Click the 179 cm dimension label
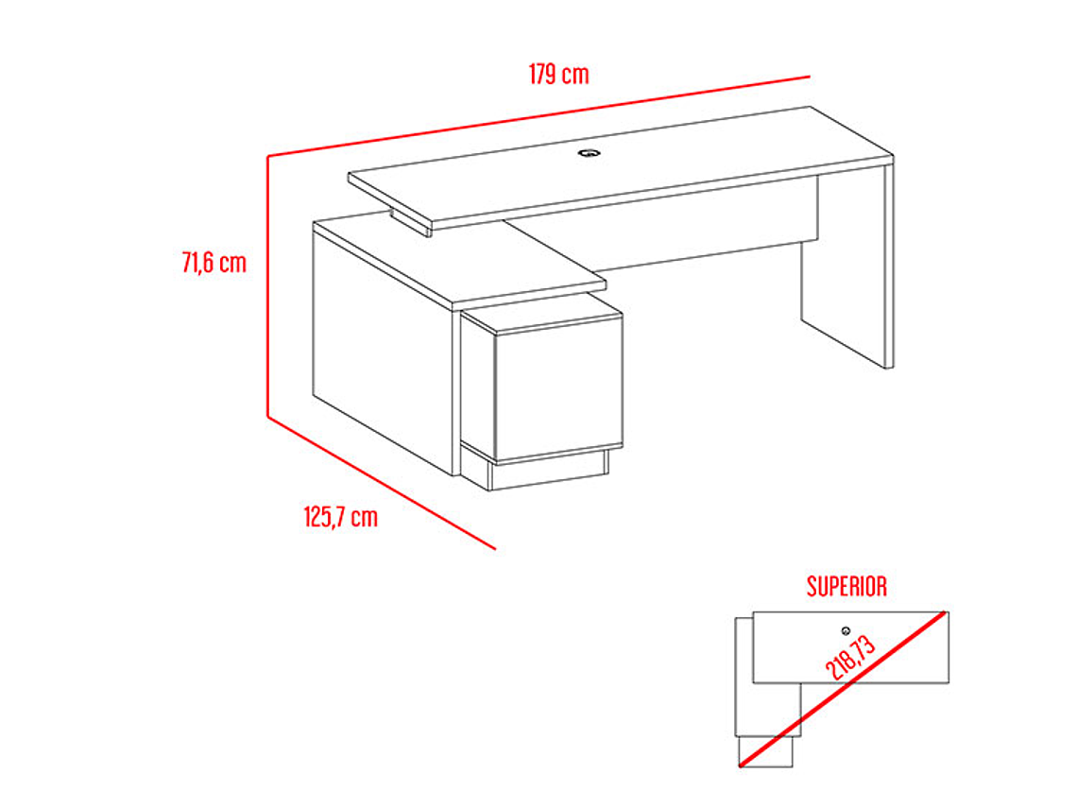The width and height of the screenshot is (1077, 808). [558, 75]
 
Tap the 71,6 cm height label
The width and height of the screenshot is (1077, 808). [214, 263]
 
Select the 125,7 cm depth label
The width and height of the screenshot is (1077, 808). [341, 517]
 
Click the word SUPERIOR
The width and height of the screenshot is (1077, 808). [846, 586]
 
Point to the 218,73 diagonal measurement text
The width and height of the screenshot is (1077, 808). [850, 658]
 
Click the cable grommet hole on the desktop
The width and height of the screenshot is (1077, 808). [588, 152]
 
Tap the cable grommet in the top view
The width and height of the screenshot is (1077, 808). [846, 630]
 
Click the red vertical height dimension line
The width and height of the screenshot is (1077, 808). [268, 286]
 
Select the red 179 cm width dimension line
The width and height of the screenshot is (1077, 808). [538, 116]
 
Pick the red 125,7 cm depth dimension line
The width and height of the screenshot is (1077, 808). [382, 483]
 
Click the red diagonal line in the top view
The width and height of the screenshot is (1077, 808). [844, 688]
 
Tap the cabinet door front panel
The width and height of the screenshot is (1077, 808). [558, 389]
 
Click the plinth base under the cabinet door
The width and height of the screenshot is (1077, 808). [548, 472]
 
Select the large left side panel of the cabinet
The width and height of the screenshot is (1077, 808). [383, 349]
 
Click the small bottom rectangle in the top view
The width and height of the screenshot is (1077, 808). [765, 751]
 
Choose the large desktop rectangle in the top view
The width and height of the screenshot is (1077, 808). [850, 647]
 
